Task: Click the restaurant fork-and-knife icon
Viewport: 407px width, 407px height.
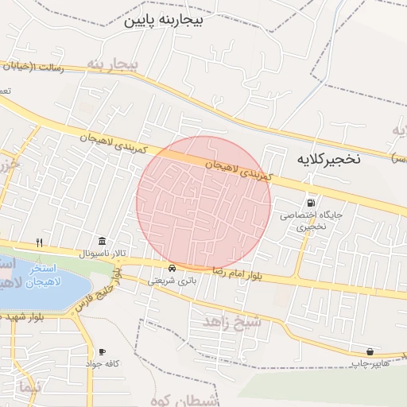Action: pos(39,242)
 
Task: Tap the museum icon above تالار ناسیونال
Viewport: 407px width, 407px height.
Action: pos(102,241)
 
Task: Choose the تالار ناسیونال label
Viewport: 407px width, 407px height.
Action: pos(101,253)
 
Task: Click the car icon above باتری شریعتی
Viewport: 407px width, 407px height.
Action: pos(172,268)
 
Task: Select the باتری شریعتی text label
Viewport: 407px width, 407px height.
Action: pos(171,280)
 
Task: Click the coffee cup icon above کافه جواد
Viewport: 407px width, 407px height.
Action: pos(102,351)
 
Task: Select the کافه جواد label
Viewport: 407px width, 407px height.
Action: pos(103,363)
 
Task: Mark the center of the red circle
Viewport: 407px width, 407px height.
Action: pos(204,203)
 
